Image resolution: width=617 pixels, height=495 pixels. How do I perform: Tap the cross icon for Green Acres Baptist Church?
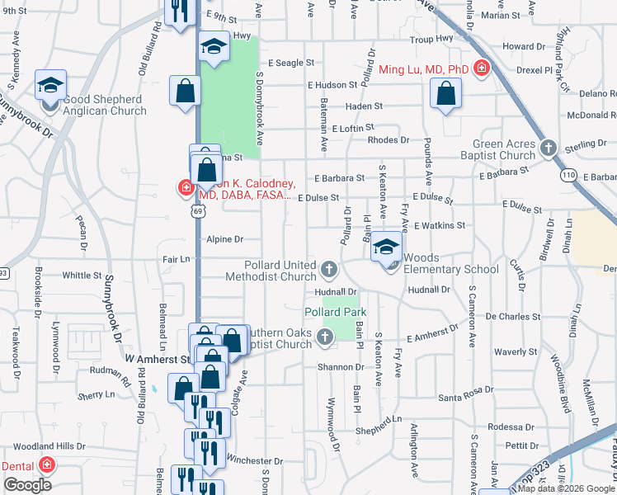pyautogui.click(x=548, y=148)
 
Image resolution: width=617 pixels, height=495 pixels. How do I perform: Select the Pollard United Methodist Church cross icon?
pyautogui.click(x=329, y=270)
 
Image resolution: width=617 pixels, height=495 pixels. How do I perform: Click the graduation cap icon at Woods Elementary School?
pyautogui.click(x=386, y=247)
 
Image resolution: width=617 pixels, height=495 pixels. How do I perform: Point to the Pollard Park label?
pyautogui.click(x=335, y=313)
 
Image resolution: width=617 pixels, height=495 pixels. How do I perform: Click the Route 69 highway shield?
pyautogui.click(x=196, y=212)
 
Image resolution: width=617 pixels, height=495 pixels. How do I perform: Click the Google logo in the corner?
pyautogui.click(x=27, y=485)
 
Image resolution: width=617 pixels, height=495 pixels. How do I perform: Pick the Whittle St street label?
pyautogui.click(x=82, y=276)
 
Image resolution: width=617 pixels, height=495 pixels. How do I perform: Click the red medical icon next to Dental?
pyautogui.click(x=47, y=465)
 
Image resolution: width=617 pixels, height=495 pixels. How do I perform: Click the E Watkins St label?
pyautogui.click(x=440, y=225)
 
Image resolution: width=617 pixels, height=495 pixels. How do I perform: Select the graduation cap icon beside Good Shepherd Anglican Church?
pyautogui.click(x=50, y=85)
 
